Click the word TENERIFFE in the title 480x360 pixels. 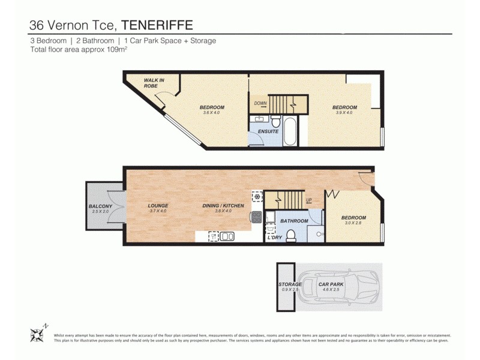pos(158,25)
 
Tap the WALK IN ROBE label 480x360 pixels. pos(154,83)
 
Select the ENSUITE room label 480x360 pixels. pos(268,131)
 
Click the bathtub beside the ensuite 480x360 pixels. pos(290,131)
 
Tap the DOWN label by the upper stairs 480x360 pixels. pos(260,103)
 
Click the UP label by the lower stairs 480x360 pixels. pos(309,200)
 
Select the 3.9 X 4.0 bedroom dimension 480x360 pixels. pos(344,113)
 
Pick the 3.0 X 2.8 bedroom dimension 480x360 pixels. pos(353,223)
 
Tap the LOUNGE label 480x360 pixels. pos(158,206)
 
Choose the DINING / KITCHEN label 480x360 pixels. pos(223,206)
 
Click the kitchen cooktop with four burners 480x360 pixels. pos(256,217)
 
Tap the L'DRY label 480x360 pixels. pos(275,238)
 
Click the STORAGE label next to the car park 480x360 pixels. pos(289,284)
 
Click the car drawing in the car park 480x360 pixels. pos(340,287)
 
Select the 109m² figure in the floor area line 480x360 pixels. pos(115,50)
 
